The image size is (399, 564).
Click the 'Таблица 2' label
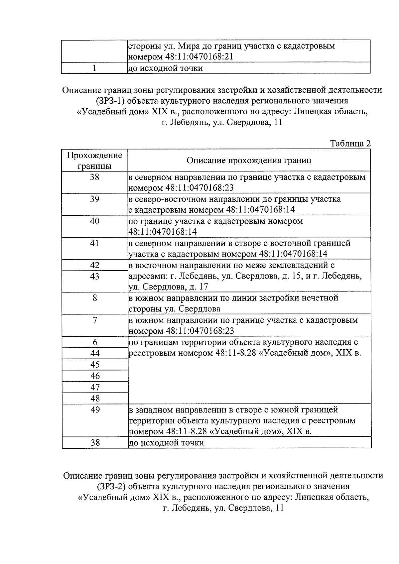point(350,144)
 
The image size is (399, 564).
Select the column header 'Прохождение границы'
point(95,161)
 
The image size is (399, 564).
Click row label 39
point(95,199)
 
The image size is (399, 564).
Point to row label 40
point(95,221)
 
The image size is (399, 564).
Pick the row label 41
point(95,243)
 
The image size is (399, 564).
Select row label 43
point(95,277)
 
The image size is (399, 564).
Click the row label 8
point(95,298)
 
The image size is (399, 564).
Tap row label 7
point(95,320)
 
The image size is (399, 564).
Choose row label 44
point(95,354)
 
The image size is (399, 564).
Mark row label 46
point(95,376)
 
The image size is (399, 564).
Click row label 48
point(95,398)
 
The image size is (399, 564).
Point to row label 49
point(95,410)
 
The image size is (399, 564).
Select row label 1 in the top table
point(95,68)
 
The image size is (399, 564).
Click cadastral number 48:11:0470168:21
point(199,57)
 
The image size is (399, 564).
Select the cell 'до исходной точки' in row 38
point(166,443)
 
